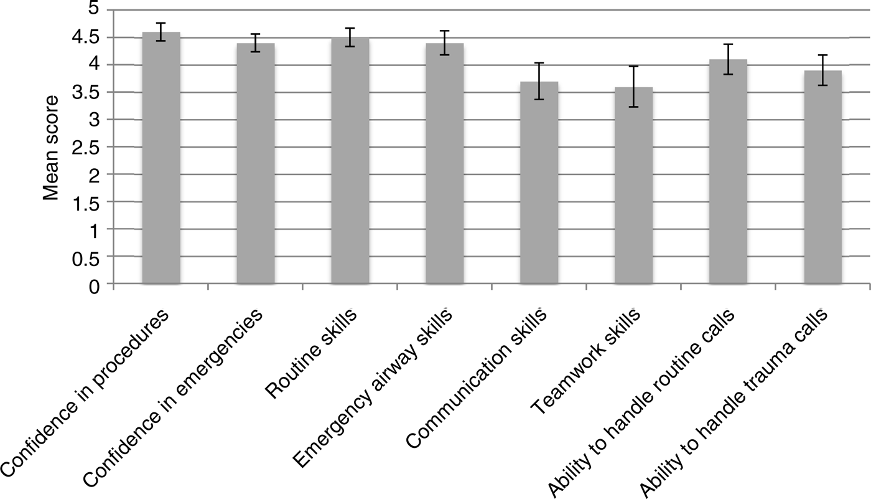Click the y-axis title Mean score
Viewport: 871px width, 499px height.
(52, 148)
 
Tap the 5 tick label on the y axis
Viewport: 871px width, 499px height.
(93, 10)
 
